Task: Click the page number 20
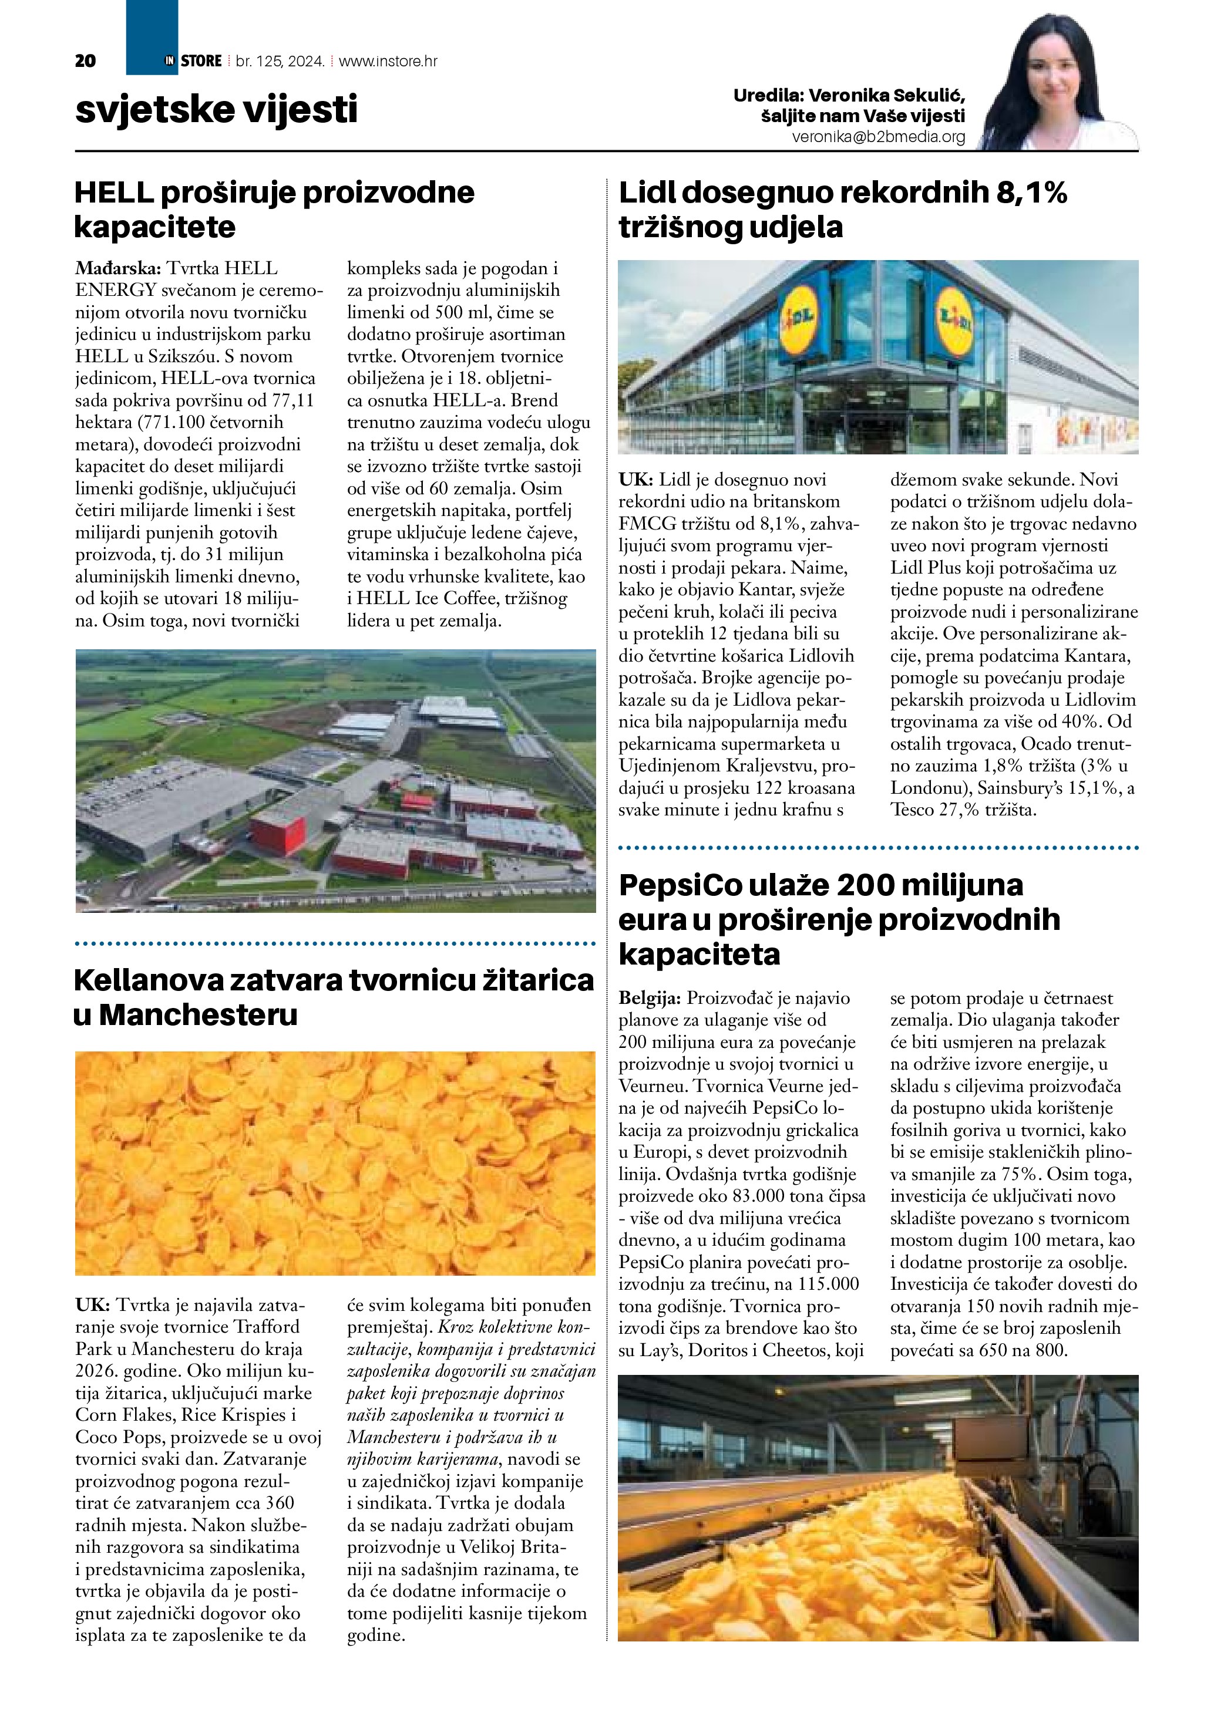85,61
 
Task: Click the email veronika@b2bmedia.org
879,137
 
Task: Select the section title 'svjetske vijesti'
216,109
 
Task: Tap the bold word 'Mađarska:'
118,268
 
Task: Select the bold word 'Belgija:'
650,999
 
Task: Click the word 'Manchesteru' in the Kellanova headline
198,1015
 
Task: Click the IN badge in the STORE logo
170,61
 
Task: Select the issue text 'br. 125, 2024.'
280,61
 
